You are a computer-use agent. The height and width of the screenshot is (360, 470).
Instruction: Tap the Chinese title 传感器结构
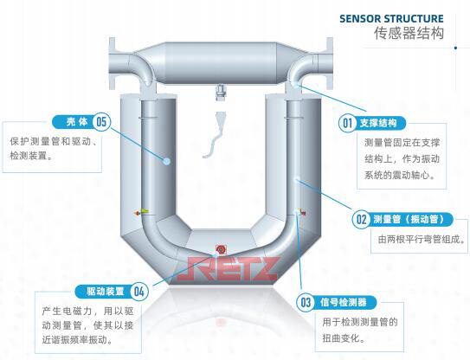409,35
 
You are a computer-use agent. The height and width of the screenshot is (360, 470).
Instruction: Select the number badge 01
348,122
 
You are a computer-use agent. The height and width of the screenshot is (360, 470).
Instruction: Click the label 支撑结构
383,122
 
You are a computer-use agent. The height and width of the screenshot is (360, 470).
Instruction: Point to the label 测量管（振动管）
410,219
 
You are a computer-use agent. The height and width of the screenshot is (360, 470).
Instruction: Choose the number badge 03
306,302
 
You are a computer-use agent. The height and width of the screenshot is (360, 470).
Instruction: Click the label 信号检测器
343,302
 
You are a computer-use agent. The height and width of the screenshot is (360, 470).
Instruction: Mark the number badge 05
101,121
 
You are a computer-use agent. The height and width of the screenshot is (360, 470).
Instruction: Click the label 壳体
70,121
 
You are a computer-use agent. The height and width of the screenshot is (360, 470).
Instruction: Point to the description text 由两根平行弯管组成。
413,240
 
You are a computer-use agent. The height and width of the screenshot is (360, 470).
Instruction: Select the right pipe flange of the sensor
331,62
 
